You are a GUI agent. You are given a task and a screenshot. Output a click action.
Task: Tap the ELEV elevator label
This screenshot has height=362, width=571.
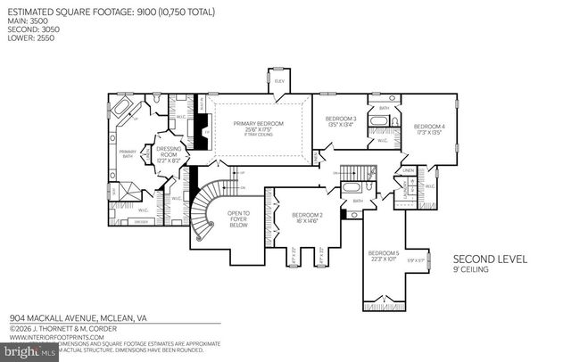click(279, 81)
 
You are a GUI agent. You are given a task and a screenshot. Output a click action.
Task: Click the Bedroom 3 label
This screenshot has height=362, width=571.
click(341, 122)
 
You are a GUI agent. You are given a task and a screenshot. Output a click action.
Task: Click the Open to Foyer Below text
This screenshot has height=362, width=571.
click(239, 218)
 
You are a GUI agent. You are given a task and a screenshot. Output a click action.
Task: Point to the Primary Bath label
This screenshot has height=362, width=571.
click(128, 155)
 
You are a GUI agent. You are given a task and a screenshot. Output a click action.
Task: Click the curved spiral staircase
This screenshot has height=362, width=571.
click(206, 210)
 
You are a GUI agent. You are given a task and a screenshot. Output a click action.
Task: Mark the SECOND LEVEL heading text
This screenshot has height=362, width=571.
click(490, 259)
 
